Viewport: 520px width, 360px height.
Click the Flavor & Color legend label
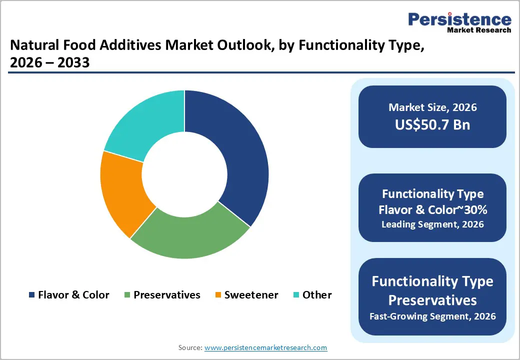click(x=73, y=295)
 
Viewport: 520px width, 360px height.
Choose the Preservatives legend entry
click(x=166, y=295)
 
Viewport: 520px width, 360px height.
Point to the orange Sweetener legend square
click(x=218, y=295)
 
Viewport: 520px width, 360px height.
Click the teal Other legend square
click(x=296, y=295)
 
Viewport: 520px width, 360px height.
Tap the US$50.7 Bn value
click(x=432, y=124)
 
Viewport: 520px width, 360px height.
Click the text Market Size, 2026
click(x=432, y=107)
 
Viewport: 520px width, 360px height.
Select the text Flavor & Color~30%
click(x=432, y=210)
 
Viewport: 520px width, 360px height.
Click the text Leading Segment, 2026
click(x=432, y=224)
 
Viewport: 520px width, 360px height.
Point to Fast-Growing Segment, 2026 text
click(x=432, y=316)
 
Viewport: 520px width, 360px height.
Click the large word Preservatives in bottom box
click(x=432, y=300)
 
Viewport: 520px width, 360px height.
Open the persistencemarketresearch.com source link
click(x=266, y=347)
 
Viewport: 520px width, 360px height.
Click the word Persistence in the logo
click(x=459, y=19)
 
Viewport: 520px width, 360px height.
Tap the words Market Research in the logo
click(x=478, y=30)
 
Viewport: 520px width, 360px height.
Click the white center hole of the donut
click(x=184, y=174)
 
